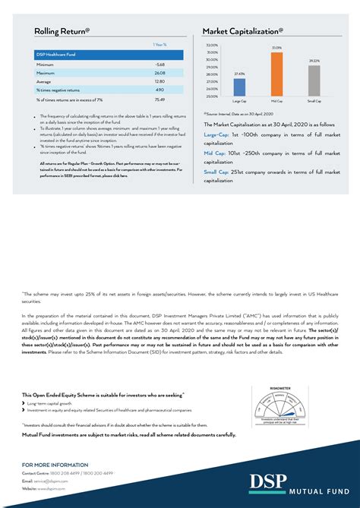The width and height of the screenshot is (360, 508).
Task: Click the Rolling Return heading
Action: tap(62, 31)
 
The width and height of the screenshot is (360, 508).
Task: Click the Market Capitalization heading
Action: tap(242, 31)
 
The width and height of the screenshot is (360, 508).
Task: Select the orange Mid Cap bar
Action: tap(276, 74)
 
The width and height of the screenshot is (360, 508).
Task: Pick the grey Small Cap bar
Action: tap(314, 80)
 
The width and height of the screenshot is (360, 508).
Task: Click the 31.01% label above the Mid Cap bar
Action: tap(276, 48)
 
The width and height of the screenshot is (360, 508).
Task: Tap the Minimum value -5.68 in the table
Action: tap(159, 65)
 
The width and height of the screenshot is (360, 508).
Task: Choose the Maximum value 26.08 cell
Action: tap(159, 73)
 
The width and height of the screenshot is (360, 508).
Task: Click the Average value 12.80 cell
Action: tap(159, 81)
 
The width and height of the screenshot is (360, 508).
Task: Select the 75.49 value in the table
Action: tap(159, 99)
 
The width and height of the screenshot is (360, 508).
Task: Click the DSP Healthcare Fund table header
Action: tap(56, 55)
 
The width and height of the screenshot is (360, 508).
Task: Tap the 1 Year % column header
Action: tap(159, 45)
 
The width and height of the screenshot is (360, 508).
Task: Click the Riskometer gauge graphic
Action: tap(281, 406)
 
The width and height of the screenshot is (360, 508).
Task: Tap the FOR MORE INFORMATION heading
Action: tap(55, 465)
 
